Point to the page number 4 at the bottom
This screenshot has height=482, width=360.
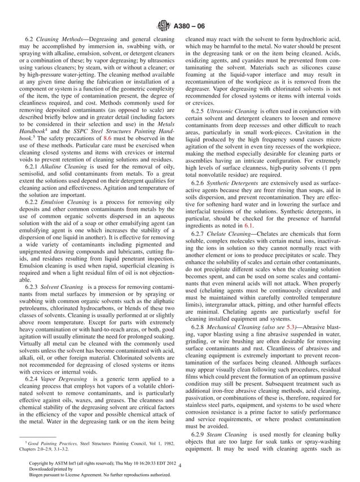(179, 466)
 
